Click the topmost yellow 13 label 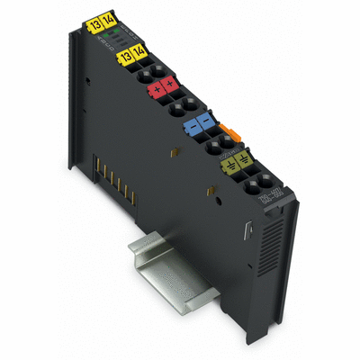click(96, 24)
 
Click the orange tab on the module click(233, 133)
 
